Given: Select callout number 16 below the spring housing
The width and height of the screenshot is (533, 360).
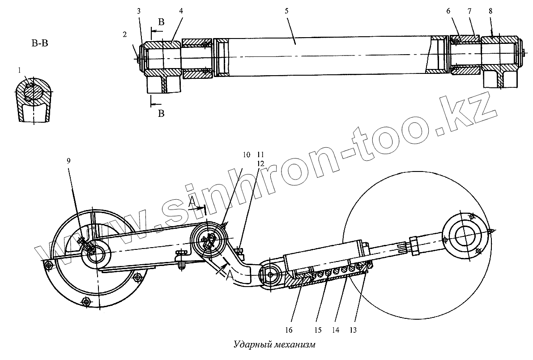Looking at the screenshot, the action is (289, 330).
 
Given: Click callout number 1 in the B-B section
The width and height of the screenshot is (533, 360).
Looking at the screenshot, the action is (19, 70).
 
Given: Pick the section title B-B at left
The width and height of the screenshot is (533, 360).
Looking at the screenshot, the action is (39, 43).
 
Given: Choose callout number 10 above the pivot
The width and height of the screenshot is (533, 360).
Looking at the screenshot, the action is (246, 155).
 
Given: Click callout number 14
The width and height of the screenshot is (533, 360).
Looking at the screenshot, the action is (335, 330).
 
